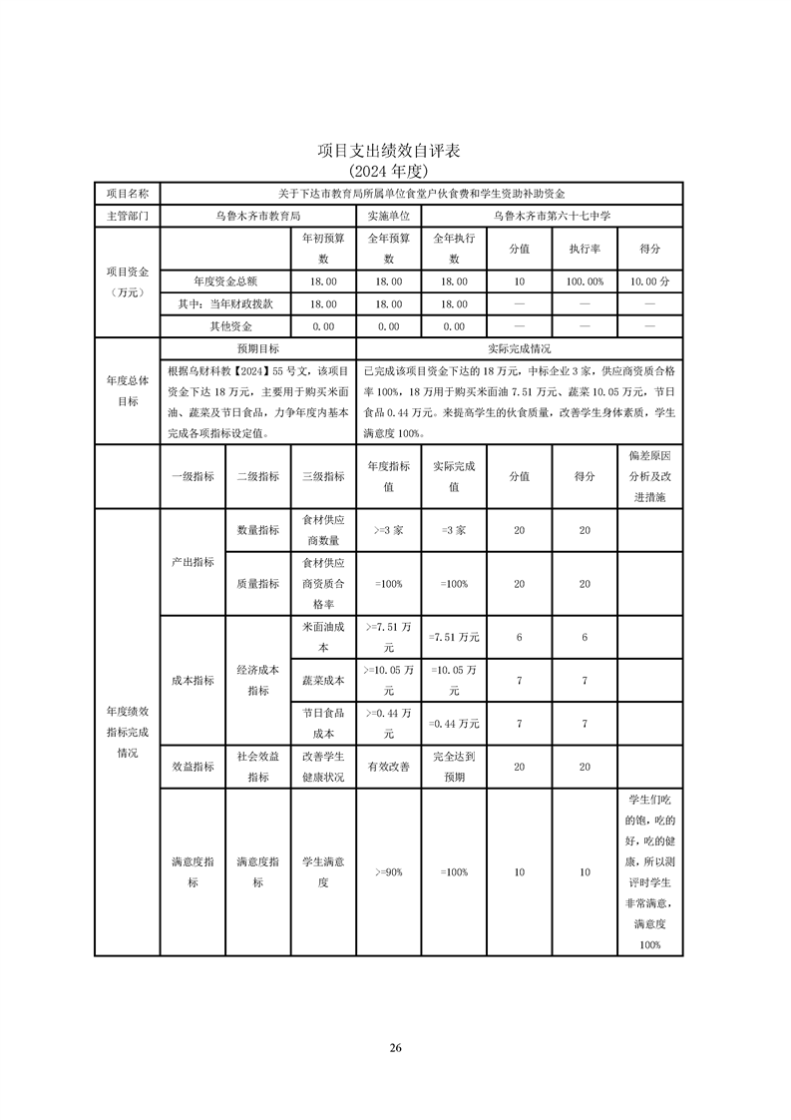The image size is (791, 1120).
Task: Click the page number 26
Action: pyautogui.click(x=395, y=1047)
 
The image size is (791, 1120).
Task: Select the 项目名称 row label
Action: pyautogui.click(x=127, y=193)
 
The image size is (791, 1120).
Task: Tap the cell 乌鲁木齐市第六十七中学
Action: pyautogui.click(x=553, y=215)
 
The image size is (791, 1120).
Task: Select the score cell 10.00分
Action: pyautogui.click(x=650, y=282)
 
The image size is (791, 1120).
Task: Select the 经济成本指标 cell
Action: pyautogui.click(x=257, y=680)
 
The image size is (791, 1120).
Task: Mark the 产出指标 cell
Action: pyautogui.click(x=193, y=562)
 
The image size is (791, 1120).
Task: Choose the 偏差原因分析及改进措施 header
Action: pyautogui.click(x=650, y=476)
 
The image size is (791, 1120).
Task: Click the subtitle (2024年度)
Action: pyautogui.click(x=395, y=171)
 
